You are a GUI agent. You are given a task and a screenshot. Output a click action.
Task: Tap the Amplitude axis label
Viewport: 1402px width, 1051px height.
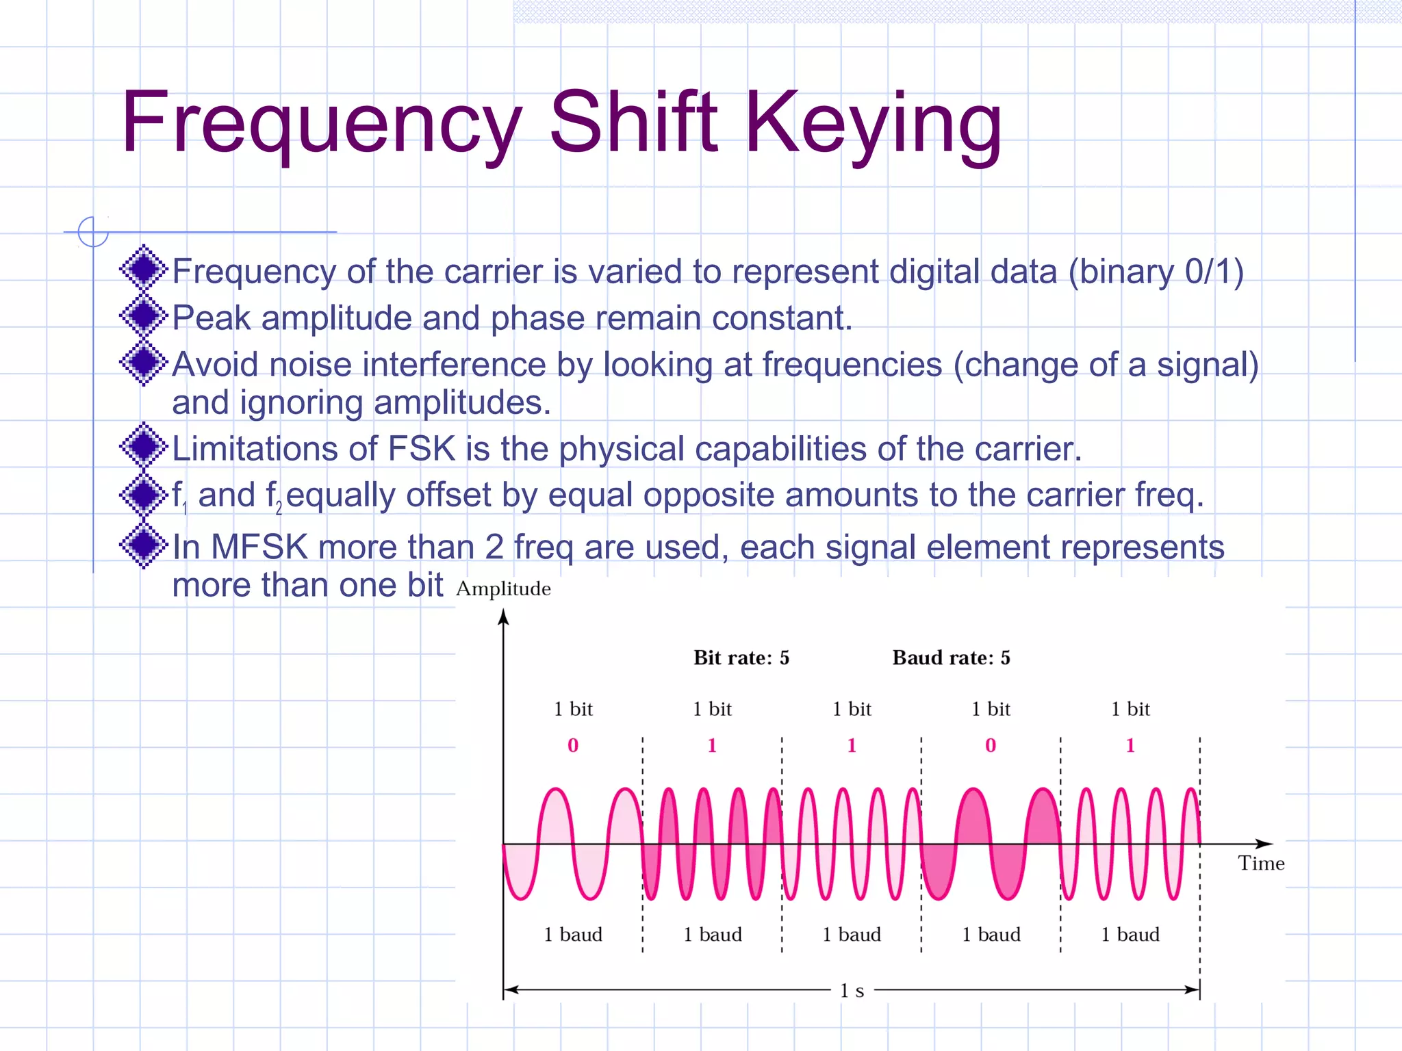coord(503,588)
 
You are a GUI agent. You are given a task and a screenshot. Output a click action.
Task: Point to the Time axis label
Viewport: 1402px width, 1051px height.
coord(1261,864)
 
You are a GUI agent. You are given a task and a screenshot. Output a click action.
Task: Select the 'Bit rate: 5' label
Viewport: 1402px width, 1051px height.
coord(741,658)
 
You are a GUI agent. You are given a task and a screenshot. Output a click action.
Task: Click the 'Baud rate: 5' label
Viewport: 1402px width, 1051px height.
coord(951,658)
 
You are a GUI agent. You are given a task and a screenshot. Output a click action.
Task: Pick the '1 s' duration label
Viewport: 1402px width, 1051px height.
coord(852,990)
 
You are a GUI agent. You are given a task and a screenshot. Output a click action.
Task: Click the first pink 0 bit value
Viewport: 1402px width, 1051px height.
coord(573,745)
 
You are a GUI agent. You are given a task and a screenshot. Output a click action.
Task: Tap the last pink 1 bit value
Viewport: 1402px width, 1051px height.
coord(1130,745)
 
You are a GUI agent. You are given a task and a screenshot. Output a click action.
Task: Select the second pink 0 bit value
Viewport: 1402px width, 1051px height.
coord(991,745)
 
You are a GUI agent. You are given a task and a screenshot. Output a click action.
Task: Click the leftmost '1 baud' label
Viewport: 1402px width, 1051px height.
coord(573,935)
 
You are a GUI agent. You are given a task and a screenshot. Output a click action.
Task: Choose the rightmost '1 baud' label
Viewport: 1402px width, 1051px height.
coord(1130,935)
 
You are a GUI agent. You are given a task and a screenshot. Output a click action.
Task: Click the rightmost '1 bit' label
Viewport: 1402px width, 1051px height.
coord(1130,709)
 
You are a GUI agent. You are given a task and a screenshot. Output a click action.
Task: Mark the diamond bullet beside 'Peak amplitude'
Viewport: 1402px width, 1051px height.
coord(144,316)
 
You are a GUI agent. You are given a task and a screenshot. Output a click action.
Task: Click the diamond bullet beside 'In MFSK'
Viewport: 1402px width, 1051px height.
coord(144,545)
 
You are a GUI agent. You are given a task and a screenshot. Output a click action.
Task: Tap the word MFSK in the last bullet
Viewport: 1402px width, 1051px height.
coord(260,547)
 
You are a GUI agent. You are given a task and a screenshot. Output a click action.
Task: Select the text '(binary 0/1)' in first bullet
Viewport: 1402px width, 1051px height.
coord(1156,272)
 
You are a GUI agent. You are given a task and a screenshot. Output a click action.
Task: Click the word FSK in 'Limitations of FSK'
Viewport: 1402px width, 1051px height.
coord(422,449)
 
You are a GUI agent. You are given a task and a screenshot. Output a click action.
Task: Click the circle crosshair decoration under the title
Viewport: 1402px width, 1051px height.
coord(93,231)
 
